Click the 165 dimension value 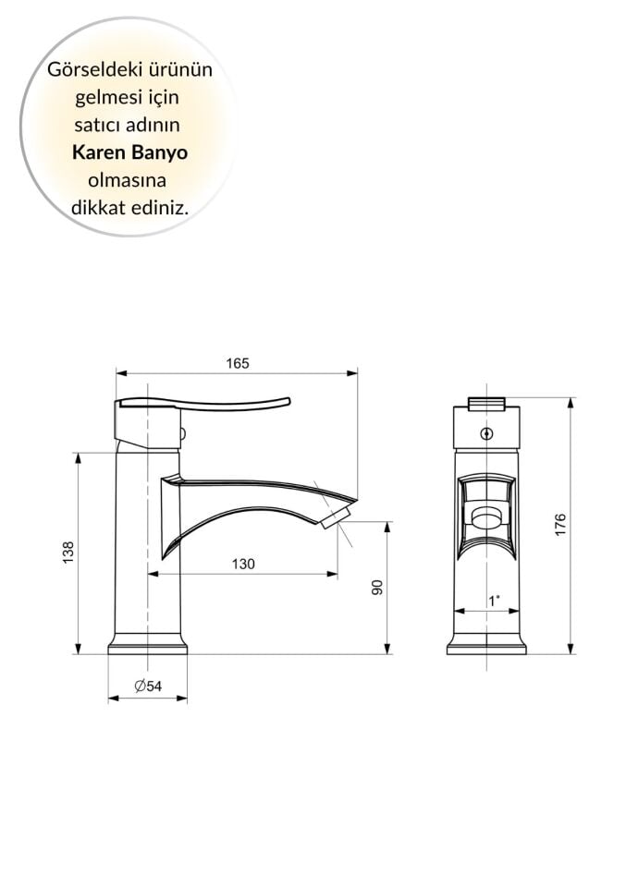pos(238,363)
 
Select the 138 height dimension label pos(68,553)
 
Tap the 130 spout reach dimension pos(242,564)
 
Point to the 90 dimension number pos(377,587)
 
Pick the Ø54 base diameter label pos(148,686)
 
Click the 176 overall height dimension pos(561,525)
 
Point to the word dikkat pos(97,208)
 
